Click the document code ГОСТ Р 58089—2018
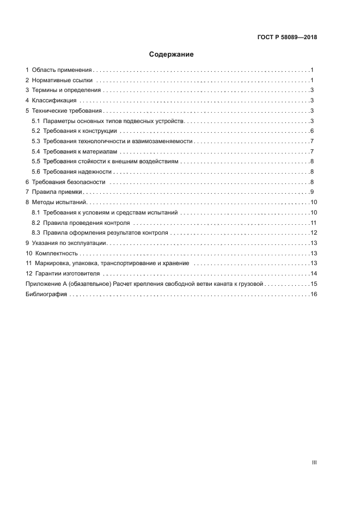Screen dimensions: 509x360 point(287,38)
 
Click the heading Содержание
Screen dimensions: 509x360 point(171,54)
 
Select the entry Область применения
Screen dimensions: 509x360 point(62,70)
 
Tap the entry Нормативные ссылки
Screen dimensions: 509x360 point(62,80)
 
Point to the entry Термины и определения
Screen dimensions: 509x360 point(66,90)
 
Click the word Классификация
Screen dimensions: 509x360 point(54,101)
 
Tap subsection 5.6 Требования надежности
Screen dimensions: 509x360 point(77,171)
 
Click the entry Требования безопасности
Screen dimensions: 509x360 point(69,182)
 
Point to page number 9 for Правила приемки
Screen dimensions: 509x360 point(312,192)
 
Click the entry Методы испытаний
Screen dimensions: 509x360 point(59,203)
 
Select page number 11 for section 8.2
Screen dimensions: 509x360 point(313,223)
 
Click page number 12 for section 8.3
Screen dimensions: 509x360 point(313,233)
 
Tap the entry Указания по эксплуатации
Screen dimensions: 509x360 point(71,243)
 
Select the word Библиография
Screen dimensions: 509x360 point(46,294)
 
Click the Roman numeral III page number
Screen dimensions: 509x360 point(314,462)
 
